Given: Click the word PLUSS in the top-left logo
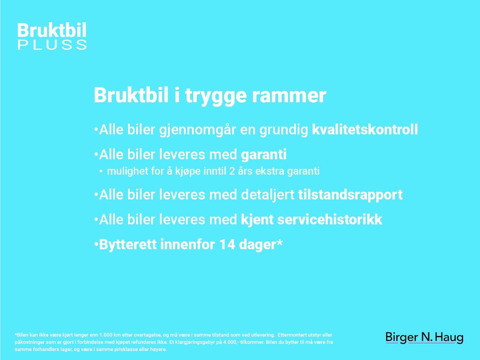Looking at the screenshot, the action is pos(52,45).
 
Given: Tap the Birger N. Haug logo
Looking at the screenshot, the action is pos(424,338).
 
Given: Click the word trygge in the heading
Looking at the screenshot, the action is pos(216,96).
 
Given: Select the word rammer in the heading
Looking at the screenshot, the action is pos(289,96).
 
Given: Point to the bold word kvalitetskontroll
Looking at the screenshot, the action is pos(365,129).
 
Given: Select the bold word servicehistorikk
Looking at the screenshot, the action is pos(330,219).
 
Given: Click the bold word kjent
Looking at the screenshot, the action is pos(257,220).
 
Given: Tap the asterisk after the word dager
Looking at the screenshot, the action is pos(279,242).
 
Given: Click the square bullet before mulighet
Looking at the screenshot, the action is pos(101,171).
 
